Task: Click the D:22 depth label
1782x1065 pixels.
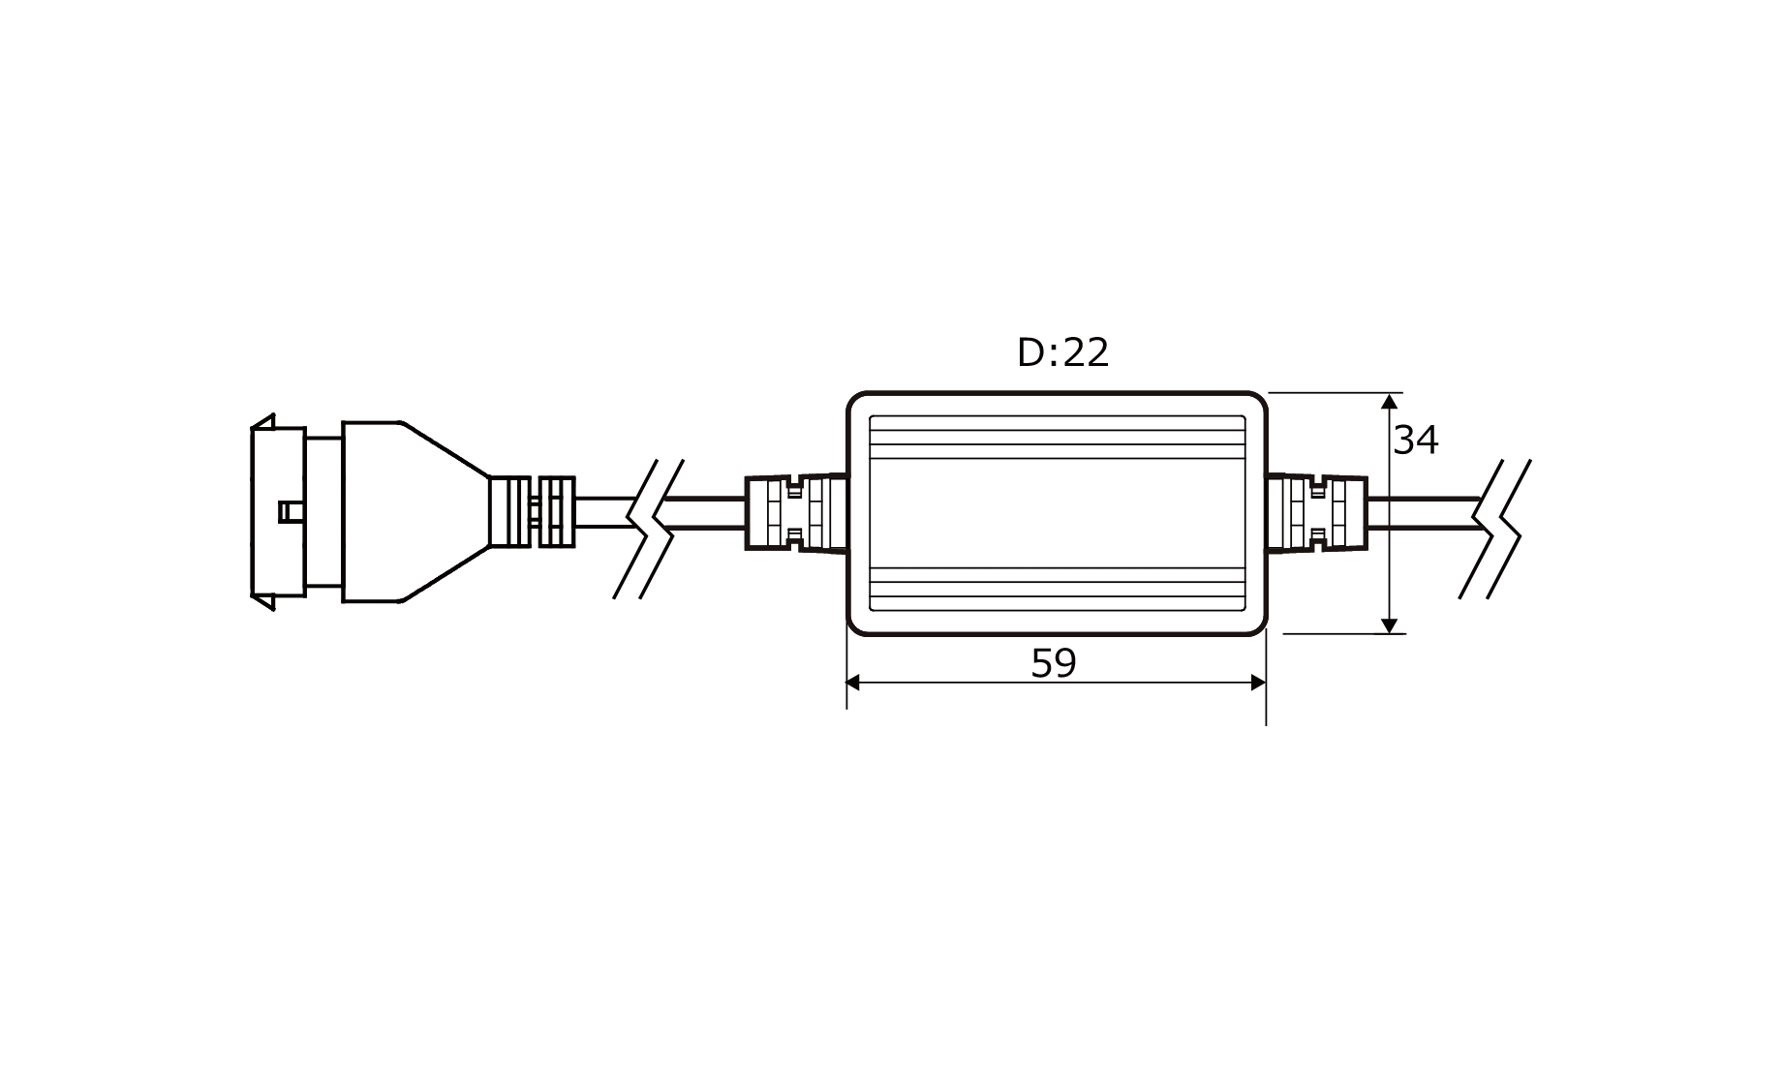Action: (x=1062, y=353)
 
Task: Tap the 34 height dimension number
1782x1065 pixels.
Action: (x=1415, y=441)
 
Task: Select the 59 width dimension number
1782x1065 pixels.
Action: (x=1054, y=663)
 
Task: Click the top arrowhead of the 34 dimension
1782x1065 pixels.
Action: (x=1391, y=401)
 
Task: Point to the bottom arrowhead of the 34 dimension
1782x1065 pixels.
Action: (x=1391, y=624)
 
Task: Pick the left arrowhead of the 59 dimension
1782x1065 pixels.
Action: (x=854, y=683)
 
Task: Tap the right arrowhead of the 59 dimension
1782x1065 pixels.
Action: (x=1258, y=683)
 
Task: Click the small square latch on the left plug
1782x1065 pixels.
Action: (x=290, y=511)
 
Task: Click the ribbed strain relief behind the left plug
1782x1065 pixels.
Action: (x=532, y=512)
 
